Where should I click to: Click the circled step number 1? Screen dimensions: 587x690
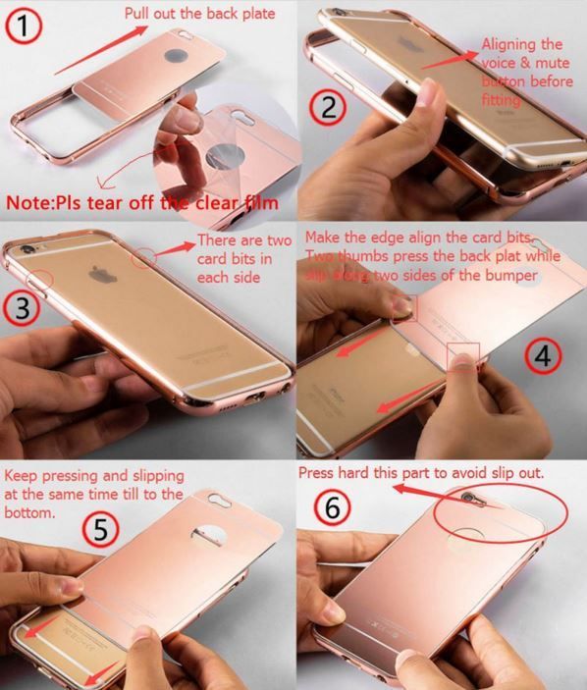24,26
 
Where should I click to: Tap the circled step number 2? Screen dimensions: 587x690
328,107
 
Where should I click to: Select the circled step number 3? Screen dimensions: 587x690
22,307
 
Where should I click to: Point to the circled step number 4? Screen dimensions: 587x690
543,355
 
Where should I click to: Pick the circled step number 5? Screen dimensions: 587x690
101,529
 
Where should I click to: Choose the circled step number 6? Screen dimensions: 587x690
332,506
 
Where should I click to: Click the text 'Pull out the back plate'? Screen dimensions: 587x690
200,13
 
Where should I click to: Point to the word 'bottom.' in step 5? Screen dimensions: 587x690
29,512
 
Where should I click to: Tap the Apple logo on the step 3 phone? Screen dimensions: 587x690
103,274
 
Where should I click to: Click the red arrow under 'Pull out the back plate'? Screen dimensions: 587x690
100,50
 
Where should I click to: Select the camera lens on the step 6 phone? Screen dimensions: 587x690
468,499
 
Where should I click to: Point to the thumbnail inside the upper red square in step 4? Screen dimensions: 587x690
403,306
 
